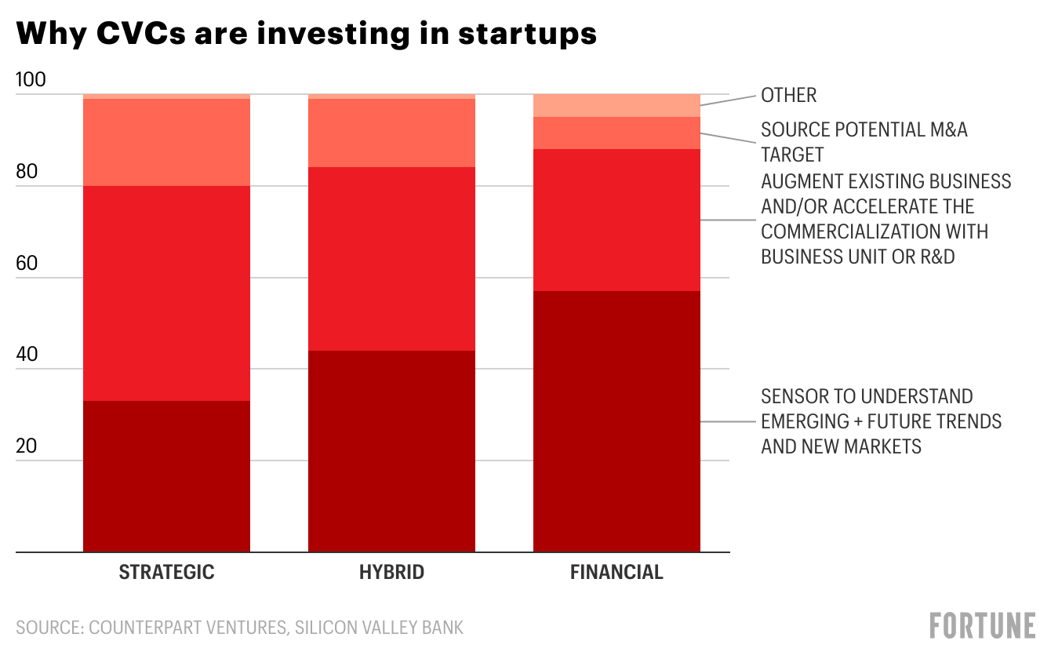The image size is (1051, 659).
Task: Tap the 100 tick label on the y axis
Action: pyautogui.click(x=31, y=80)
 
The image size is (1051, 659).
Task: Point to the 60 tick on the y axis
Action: pyautogui.click(x=27, y=263)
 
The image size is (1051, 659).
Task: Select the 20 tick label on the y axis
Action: pyautogui.click(x=27, y=446)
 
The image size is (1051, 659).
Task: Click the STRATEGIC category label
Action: pyautogui.click(x=166, y=572)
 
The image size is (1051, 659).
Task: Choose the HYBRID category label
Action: pyautogui.click(x=391, y=572)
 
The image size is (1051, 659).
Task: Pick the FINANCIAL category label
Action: pyautogui.click(x=616, y=572)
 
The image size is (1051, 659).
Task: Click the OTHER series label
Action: pyautogui.click(x=789, y=96)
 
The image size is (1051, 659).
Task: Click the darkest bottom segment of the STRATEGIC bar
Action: pyautogui.click(x=166, y=476)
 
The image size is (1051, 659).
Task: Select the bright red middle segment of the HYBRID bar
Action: pyautogui.click(x=391, y=259)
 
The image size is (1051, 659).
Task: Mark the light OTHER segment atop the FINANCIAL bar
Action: pyautogui.click(x=616, y=106)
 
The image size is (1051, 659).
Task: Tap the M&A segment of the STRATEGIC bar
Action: pyautogui.click(x=166, y=143)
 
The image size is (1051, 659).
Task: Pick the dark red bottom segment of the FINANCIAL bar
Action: pyautogui.click(x=616, y=421)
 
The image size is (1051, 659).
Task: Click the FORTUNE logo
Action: pyautogui.click(x=983, y=626)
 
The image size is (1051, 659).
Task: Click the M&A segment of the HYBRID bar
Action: pyautogui.click(x=391, y=133)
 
